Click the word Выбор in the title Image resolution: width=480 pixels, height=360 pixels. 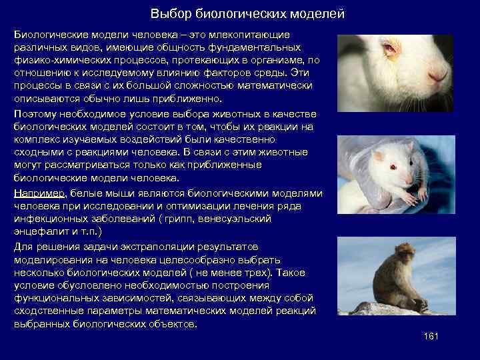tap(166, 14)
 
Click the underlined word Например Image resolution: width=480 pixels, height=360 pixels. tap(39, 193)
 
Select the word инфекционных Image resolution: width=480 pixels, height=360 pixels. tap(49, 219)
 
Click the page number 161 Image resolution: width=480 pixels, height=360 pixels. tap(431, 336)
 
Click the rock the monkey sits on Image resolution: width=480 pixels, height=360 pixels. tap(387, 308)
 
